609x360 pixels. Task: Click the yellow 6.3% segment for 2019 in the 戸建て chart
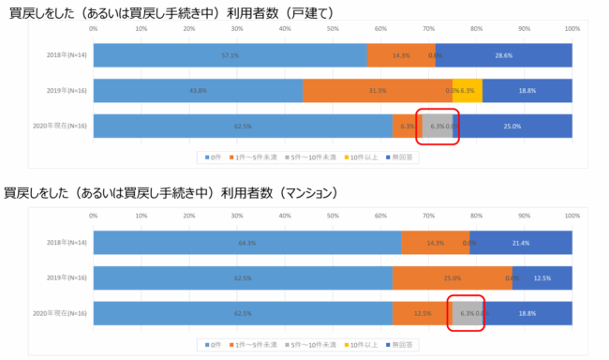pyautogui.click(x=468, y=91)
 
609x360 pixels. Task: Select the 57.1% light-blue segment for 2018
pyautogui.click(x=230, y=55)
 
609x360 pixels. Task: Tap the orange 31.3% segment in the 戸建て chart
pyautogui.click(x=378, y=91)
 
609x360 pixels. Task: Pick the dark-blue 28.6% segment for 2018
pyautogui.click(x=504, y=55)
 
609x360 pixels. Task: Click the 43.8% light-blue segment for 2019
pyautogui.click(x=198, y=91)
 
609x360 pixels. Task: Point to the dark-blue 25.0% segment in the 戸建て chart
pyautogui.click(x=512, y=126)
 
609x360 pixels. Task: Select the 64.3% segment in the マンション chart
pyautogui.click(x=247, y=243)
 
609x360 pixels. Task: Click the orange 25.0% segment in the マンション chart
pyautogui.click(x=453, y=278)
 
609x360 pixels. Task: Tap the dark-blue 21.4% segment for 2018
pyautogui.click(x=521, y=243)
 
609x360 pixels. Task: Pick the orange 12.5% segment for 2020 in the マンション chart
pyautogui.click(x=423, y=313)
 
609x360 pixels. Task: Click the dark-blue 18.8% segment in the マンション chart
pyautogui.click(x=527, y=313)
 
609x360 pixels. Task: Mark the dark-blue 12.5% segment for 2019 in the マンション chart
pyautogui.click(x=542, y=278)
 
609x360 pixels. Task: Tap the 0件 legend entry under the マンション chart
pyautogui.click(x=213, y=345)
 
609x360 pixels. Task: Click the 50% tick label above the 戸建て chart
pyautogui.click(x=333, y=29)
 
